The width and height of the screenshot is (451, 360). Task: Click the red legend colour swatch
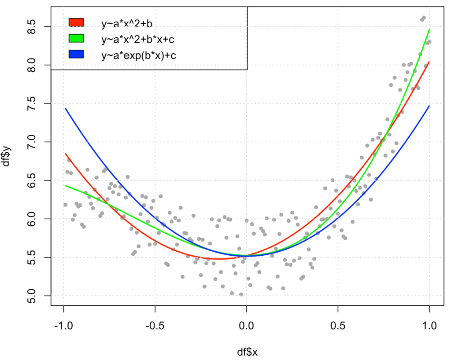[x=76, y=22]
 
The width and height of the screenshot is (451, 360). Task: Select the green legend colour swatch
[x=76, y=38]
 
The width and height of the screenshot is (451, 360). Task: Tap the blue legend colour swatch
[x=76, y=55]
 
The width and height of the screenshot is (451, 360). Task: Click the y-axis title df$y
[x=7, y=156]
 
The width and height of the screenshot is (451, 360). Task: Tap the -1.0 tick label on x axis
[x=64, y=326]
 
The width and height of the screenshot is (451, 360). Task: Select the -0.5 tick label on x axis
[x=155, y=326]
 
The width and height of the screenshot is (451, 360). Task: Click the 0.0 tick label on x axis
[x=247, y=326]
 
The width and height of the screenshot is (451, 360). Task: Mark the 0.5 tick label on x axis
[x=338, y=326]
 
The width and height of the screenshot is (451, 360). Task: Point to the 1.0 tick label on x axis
[x=429, y=326]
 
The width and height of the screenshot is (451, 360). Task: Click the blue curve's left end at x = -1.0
[x=65, y=108]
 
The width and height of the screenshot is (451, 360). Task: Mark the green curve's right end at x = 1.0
[x=429, y=29]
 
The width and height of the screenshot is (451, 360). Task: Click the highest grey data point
[x=424, y=18]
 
